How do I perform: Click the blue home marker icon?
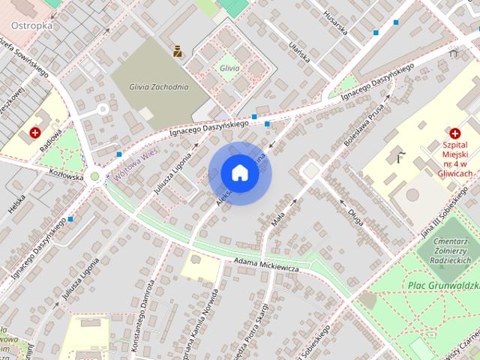[x=240, y=172]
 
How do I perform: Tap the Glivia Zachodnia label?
[x=158, y=86]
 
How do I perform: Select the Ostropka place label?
[x=31, y=25]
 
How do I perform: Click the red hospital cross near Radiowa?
[x=34, y=133]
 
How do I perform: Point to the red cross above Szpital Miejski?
[x=454, y=132]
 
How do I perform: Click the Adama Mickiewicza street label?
[x=266, y=264]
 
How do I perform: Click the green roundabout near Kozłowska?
[x=94, y=177]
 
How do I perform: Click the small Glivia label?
[x=229, y=68]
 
